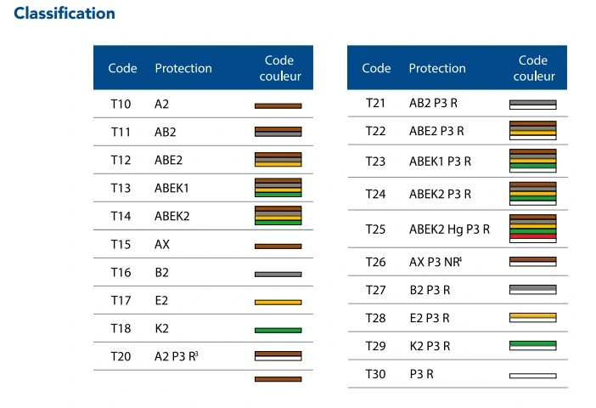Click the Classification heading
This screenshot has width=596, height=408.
pos(65,14)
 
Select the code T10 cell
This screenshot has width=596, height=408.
pos(121,105)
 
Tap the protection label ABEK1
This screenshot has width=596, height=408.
pos(172,188)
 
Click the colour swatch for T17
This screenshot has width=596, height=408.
pos(278,302)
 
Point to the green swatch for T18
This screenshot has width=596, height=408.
pos(278,330)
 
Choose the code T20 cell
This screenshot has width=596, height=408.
pos(121,357)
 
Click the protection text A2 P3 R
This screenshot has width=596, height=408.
pos(177,357)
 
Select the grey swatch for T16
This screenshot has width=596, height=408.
pos(278,274)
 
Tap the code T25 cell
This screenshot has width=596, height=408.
pos(375,228)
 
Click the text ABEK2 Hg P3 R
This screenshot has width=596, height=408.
pos(450,228)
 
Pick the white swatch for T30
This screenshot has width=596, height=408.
pos(532,375)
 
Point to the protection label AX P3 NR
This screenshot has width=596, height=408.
pos(441,261)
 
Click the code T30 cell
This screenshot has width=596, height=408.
pos(375,374)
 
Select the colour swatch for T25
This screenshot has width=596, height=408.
pos(532,228)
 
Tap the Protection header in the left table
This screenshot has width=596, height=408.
pos(183,68)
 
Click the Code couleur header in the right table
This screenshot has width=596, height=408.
pos(533,68)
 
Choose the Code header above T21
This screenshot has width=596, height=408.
pos(376,68)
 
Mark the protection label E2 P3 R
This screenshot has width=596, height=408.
pos(430,318)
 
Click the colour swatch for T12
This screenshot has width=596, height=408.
pos(278,160)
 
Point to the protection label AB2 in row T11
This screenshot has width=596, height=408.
pos(165,133)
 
